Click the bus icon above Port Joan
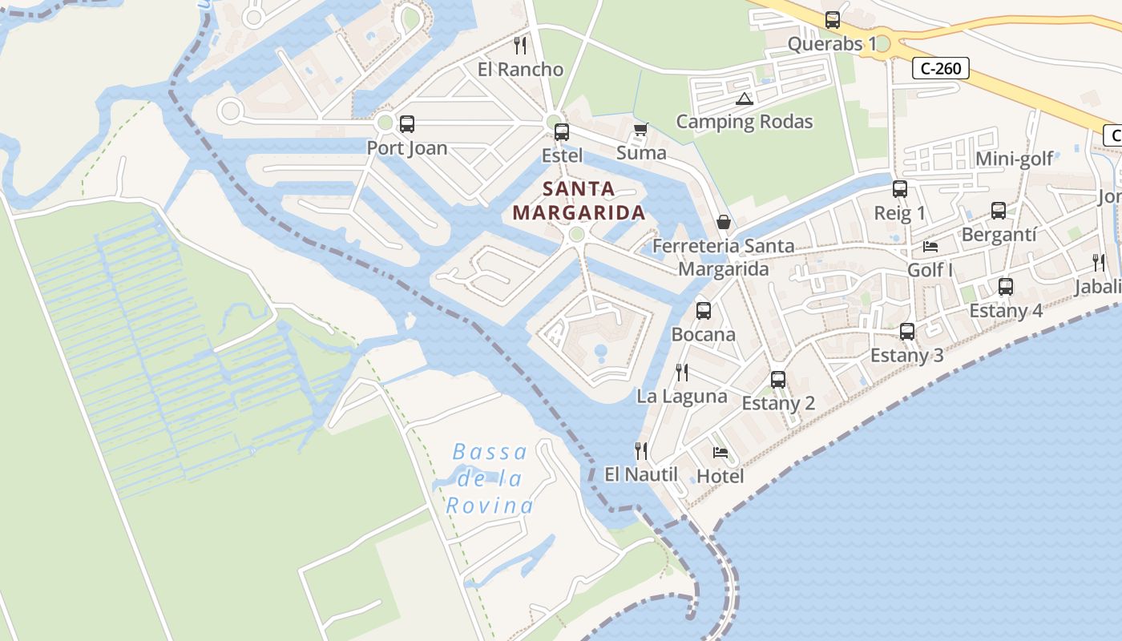407,124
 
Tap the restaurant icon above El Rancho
520,45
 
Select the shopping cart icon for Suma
640,130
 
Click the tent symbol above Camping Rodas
745,99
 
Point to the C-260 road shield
941,69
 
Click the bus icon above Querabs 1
833,20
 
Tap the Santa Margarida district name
579,201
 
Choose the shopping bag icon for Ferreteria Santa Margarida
724,222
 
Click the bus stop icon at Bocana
704,311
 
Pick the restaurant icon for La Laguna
682,372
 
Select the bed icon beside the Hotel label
720,453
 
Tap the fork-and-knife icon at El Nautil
641,451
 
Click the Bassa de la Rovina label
490,479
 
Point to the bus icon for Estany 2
778,380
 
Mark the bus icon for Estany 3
907,332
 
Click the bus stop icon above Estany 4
1006,287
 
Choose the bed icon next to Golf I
930,246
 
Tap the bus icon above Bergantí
999,211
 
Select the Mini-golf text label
1014,159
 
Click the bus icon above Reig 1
900,189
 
